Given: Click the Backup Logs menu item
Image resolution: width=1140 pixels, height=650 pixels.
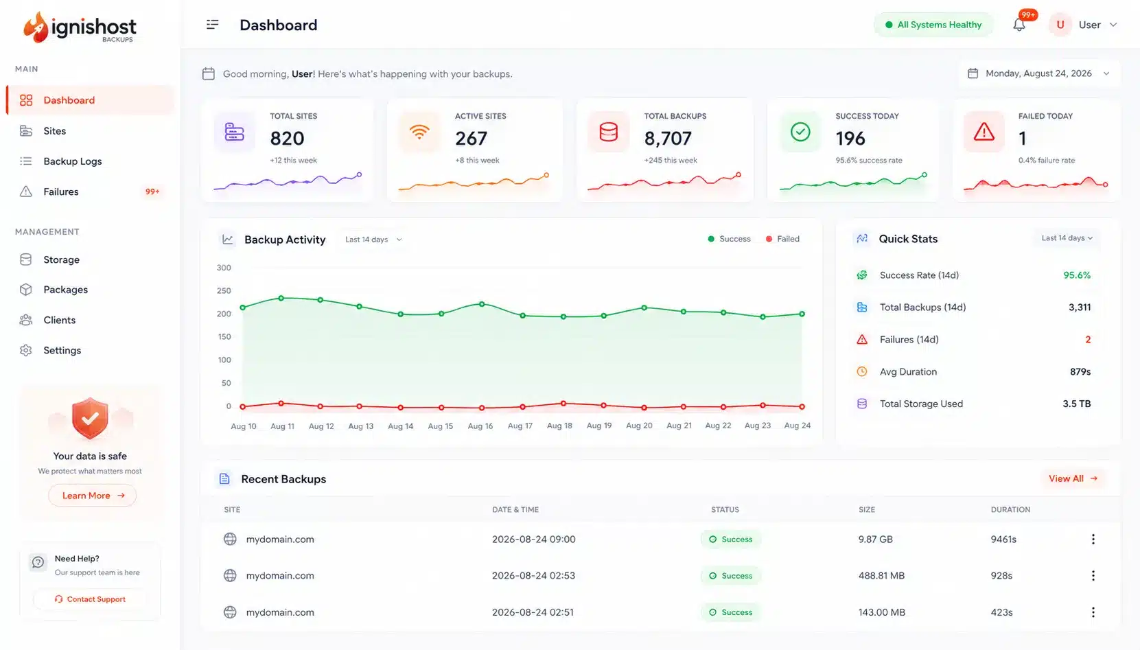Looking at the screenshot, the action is (72, 161).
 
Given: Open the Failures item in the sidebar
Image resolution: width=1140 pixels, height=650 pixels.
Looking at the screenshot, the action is (60, 192).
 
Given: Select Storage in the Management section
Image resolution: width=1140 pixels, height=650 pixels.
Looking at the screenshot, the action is (61, 259).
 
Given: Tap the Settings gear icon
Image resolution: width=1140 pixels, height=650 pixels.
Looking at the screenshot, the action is (26, 350).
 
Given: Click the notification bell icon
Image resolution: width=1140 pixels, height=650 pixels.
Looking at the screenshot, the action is (1019, 25).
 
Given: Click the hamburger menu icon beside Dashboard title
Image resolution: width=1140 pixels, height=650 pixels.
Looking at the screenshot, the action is (212, 25).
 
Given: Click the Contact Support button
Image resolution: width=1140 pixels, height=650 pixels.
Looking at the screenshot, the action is (90, 599).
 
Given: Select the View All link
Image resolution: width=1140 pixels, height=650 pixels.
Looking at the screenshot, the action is (1073, 478).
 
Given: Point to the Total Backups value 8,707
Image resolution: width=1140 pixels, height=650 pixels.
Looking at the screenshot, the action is (668, 138).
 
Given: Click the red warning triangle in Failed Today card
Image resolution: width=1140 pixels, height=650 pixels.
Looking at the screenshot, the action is (984, 132).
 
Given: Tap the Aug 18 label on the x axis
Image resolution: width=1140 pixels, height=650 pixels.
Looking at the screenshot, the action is (559, 426).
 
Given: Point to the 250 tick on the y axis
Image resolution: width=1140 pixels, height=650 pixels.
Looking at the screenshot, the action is (224, 290).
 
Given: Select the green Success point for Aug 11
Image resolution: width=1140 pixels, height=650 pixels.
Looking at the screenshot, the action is (281, 299).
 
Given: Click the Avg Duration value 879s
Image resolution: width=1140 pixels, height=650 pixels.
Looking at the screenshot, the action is (1080, 371).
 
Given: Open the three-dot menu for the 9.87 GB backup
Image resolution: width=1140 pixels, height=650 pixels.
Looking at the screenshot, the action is (1093, 539).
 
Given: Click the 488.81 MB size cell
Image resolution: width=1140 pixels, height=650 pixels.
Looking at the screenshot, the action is (881, 576).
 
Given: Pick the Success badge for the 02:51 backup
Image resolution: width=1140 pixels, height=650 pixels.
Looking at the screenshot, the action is (731, 612).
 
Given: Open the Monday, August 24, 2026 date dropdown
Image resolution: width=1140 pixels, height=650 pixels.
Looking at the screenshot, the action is (1038, 73).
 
